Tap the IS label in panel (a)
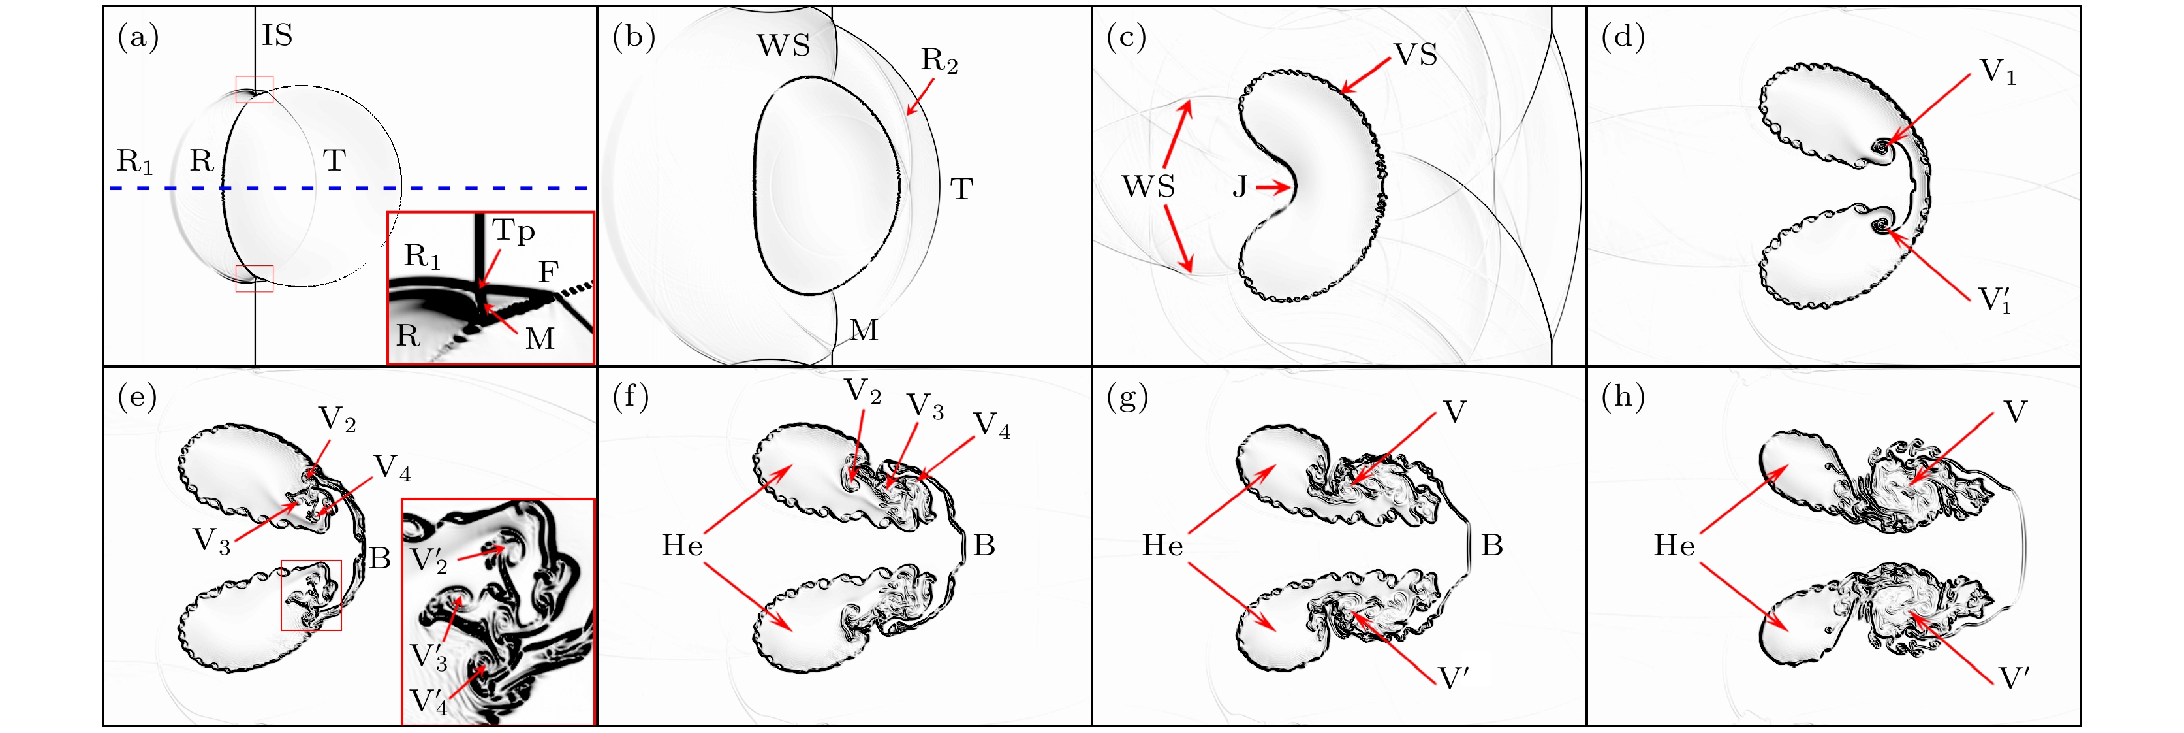point(277,36)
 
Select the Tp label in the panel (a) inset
point(514,231)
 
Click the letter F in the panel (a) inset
point(548,272)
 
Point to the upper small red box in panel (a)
point(255,89)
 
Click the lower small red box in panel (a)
point(255,278)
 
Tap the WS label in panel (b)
point(783,46)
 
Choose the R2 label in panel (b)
point(939,60)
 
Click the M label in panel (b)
point(864,330)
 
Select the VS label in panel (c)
point(1416,55)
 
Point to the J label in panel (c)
point(1240,187)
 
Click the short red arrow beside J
point(1273,187)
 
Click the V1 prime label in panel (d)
point(1994,299)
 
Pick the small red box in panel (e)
point(311,595)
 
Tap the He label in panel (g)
point(1162,546)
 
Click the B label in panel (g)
point(1491,546)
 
